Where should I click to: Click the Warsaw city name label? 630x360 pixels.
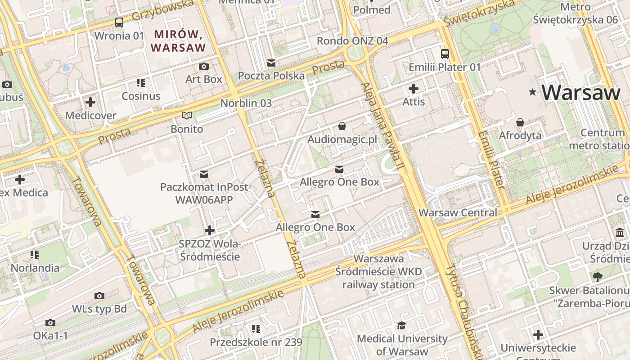(581, 92)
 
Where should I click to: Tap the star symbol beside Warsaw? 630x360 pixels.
(533, 92)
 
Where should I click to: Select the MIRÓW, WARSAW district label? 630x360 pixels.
(178, 40)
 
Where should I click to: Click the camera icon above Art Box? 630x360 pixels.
(204, 67)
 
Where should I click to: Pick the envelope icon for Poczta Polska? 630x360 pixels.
(271, 63)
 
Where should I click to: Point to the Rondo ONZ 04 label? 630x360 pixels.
(352, 41)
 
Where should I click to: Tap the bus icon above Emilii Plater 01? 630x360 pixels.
(445, 54)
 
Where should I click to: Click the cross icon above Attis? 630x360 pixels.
(413, 89)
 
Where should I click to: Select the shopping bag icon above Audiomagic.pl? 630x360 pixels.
(342, 126)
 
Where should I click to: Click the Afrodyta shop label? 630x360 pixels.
(520, 135)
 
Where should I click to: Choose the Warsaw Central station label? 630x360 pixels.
(458, 212)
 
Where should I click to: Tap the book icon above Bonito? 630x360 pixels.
(187, 116)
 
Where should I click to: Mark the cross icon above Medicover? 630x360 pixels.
(90, 102)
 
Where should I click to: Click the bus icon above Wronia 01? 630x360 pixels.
(119, 22)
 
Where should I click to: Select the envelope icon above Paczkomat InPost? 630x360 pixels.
(204, 174)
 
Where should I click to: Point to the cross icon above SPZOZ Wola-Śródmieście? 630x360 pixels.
(209, 230)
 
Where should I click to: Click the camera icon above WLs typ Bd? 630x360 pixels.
(99, 296)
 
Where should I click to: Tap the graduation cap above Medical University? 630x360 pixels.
(401, 325)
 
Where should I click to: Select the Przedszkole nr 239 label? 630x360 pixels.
(256, 342)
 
